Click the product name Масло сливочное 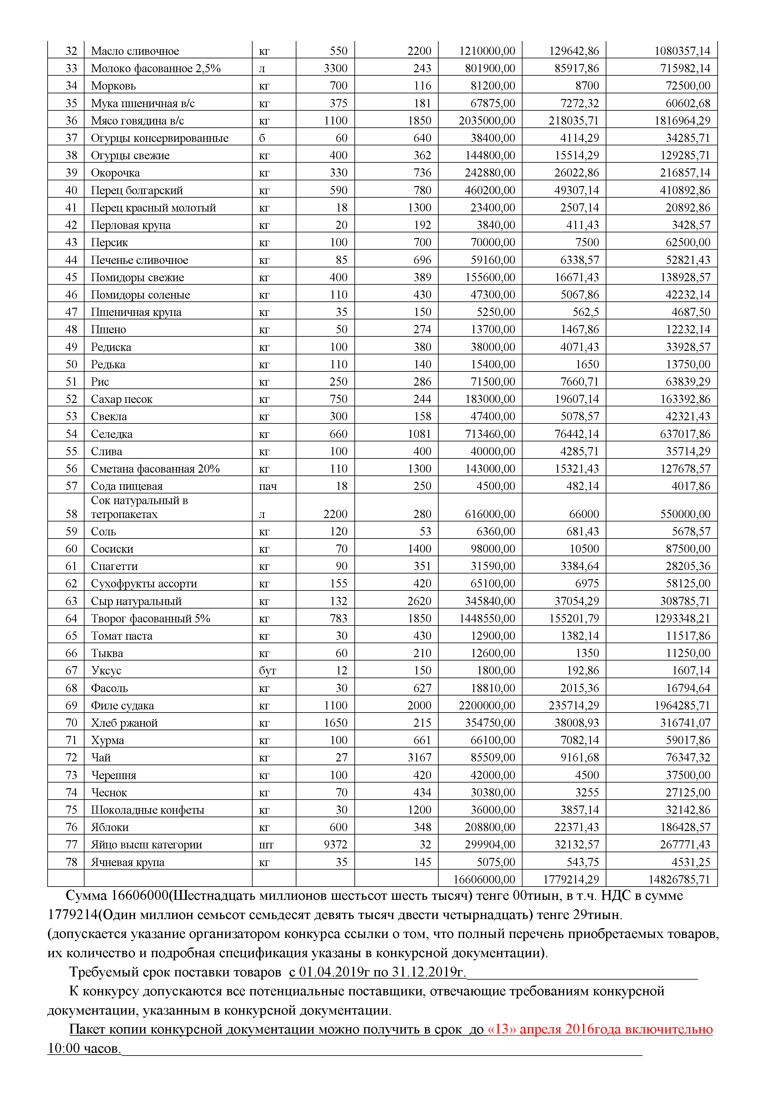point(135,51)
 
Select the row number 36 point(71,121)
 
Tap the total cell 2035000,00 point(487,121)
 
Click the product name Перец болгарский point(137,190)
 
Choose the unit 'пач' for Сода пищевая point(268,486)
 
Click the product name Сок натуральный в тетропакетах point(139,507)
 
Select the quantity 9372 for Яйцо point(336,844)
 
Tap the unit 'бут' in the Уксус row point(267,671)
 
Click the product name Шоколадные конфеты point(148,810)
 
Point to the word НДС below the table point(618,895)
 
